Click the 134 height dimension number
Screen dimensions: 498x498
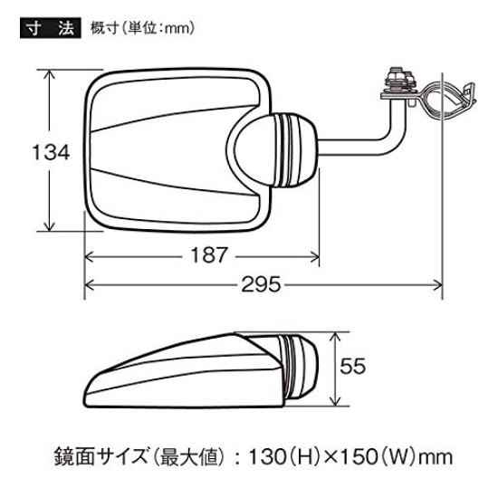tap(51, 153)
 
